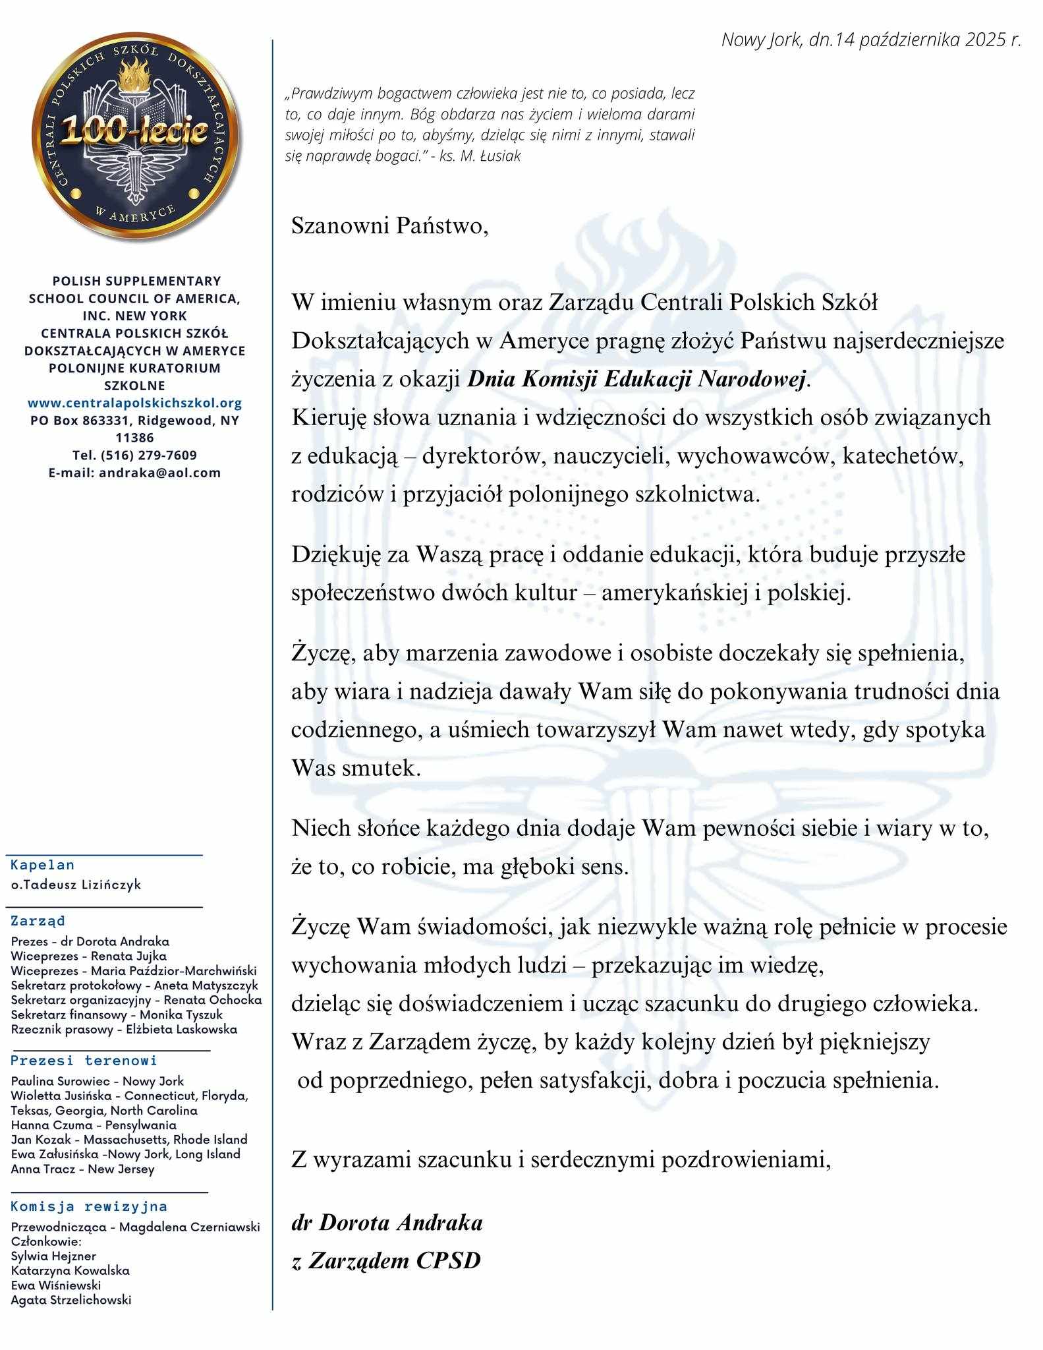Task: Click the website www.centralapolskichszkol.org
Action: click(x=134, y=403)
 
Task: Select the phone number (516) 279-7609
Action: click(x=134, y=455)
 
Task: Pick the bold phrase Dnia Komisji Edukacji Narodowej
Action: click(x=637, y=380)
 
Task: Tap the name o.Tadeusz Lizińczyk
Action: click(x=76, y=885)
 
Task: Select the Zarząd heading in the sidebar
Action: click(x=38, y=921)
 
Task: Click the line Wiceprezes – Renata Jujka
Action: click(x=89, y=956)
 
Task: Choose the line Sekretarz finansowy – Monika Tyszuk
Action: click(x=117, y=1014)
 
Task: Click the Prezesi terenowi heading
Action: click(x=84, y=1061)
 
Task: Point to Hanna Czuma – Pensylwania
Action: click(x=94, y=1125)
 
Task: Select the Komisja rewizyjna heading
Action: click(x=89, y=1207)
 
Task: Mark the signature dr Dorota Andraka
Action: click(x=387, y=1223)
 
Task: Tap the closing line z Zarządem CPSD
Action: click(x=386, y=1260)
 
